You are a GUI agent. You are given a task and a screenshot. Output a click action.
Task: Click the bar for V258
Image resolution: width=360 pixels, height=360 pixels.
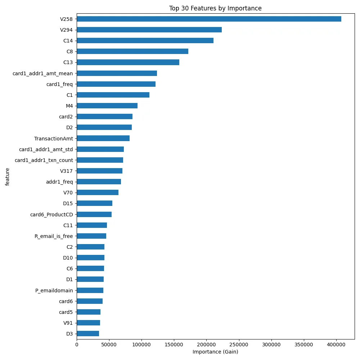209,19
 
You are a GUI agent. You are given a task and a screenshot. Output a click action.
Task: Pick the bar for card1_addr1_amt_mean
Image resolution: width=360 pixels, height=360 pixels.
117,73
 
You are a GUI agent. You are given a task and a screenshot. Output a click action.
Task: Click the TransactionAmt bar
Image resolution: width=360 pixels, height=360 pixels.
103,138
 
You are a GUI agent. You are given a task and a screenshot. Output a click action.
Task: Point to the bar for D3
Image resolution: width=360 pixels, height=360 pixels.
88,333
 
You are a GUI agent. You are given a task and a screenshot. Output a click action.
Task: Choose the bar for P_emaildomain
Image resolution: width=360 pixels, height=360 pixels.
90,290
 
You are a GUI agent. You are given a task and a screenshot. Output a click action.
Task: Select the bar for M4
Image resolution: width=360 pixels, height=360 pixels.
107,105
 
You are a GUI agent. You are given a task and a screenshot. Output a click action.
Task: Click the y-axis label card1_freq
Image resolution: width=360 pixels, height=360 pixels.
59,84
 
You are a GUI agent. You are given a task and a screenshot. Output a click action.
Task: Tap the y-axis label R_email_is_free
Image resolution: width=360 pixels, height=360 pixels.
54,236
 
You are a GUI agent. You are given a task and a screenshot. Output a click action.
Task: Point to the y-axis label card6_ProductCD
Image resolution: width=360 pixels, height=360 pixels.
51,215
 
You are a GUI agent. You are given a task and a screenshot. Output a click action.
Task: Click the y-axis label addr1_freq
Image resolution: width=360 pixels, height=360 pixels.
59,182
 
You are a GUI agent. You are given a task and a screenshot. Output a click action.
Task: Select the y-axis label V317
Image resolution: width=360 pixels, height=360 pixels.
66,171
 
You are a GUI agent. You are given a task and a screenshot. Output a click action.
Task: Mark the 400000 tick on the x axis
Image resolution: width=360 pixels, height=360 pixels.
336,345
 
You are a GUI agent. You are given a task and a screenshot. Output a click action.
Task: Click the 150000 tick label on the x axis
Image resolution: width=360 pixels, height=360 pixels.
174,345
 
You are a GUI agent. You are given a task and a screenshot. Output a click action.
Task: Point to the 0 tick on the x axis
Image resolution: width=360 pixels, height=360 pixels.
77,345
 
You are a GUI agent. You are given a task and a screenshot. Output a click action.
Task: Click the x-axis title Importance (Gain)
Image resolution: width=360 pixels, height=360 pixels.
215,352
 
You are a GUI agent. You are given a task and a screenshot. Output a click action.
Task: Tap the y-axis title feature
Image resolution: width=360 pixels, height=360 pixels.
8,176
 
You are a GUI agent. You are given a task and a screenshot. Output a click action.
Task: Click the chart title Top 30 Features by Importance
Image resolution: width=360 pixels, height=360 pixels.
215,8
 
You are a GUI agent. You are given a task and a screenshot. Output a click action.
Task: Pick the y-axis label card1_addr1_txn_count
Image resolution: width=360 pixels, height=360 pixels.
44,160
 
